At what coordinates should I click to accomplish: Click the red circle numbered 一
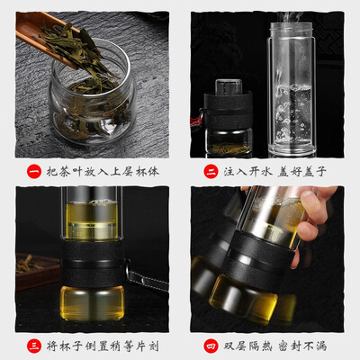34,172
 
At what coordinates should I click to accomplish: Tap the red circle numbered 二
211,172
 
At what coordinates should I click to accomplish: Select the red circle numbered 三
34,346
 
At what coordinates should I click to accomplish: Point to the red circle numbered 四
211,346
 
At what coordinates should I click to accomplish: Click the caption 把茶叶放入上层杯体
103,172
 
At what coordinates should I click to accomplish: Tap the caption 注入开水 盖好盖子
274,172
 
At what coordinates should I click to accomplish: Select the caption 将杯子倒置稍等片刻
103,346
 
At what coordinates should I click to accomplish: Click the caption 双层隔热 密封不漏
274,346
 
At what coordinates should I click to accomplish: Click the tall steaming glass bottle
291,89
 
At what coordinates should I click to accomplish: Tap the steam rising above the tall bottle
290,17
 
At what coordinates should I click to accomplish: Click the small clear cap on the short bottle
229,86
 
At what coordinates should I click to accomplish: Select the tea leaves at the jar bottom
90,121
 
